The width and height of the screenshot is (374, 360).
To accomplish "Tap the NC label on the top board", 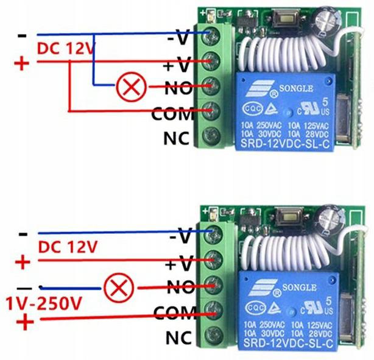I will (x=177, y=138).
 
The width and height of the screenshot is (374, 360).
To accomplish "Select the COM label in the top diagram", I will (x=173, y=113).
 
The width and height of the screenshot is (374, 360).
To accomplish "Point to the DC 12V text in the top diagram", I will (x=65, y=48).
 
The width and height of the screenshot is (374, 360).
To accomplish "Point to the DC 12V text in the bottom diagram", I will (x=67, y=247).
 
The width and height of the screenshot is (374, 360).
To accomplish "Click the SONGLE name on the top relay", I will (x=295, y=89).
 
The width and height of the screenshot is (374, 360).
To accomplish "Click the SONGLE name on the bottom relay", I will (x=298, y=288).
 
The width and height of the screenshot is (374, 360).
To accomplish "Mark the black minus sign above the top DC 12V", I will (x=23, y=36).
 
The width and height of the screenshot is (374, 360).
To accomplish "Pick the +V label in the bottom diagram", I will (x=179, y=264).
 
